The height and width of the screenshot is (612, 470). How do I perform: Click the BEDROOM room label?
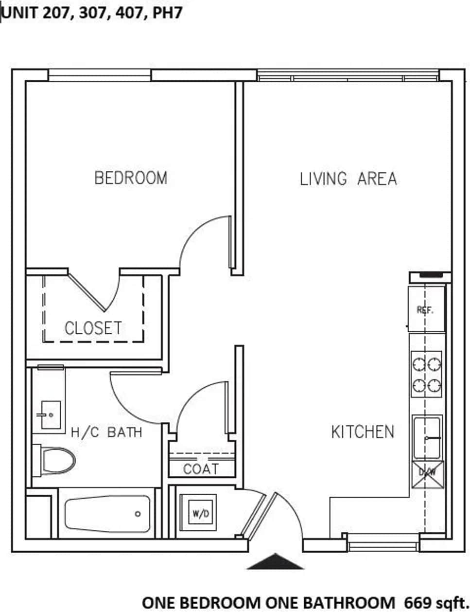click(131, 178)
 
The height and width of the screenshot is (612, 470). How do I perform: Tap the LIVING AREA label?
click(348, 179)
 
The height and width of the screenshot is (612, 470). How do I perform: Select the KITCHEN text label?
click(363, 432)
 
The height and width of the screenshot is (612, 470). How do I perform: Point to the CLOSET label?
click(93, 328)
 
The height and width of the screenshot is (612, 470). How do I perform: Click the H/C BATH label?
click(106, 432)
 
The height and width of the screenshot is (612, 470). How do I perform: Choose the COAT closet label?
click(201, 469)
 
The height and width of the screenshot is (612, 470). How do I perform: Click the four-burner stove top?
click(427, 375)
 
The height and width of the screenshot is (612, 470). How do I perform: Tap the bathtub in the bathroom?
click(107, 514)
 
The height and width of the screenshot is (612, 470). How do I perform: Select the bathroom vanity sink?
click(49, 414)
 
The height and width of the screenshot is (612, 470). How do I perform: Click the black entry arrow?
click(275, 561)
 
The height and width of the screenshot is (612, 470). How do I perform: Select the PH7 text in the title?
click(167, 13)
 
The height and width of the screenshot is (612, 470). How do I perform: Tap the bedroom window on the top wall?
click(100, 75)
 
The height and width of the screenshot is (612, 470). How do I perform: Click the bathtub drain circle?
click(138, 514)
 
